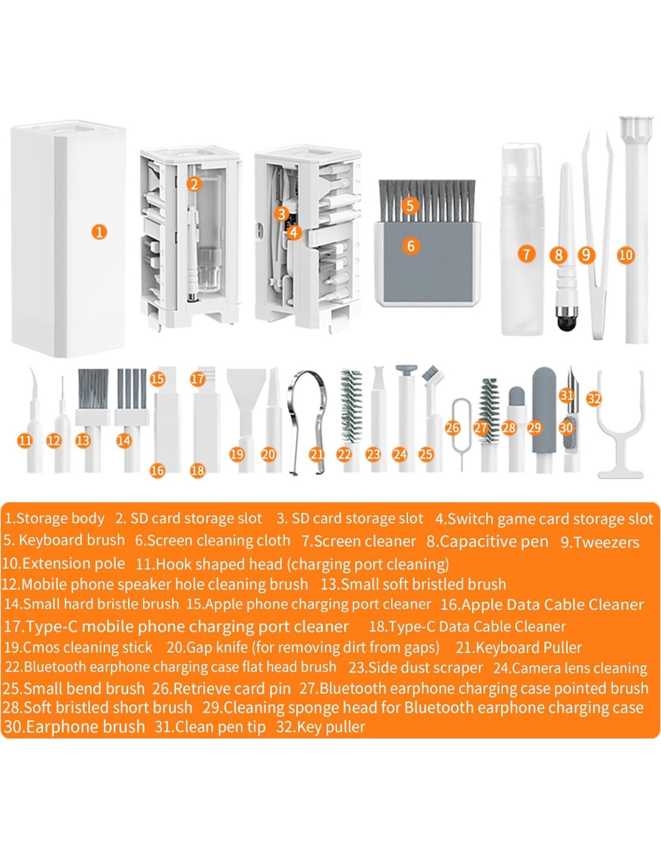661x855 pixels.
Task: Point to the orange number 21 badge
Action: [317, 455]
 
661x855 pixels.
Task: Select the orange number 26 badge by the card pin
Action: [453, 427]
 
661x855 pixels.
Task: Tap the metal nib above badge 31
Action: [570, 376]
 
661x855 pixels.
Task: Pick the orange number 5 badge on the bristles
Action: [410, 205]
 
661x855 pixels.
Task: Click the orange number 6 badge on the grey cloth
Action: [411, 246]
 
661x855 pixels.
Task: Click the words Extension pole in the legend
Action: [73, 563]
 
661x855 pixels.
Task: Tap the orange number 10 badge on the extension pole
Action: [626, 255]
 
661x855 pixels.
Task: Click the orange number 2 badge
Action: [194, 184]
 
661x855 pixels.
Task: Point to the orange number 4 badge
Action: [294, 232]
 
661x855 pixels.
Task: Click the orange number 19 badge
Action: [237, 455]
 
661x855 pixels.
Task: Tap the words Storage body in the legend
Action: [60, 518]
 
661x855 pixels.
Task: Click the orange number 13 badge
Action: [83, 441]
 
